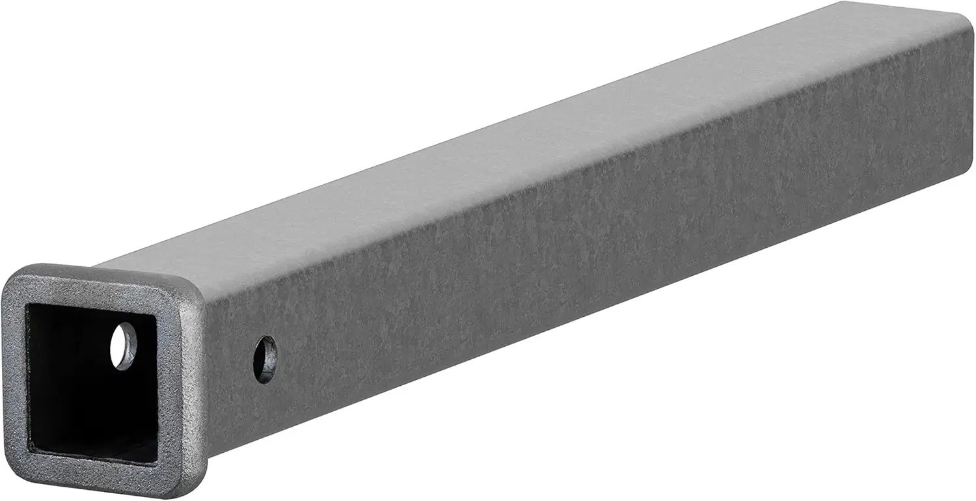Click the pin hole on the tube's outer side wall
pyautogui.click(x=265, y=359)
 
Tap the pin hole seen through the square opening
pyautogui.click(x=123, y=347)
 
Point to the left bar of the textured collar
pyautogui.click(x=14, y=371)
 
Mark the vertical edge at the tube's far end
pyautogui.click(x=972, y=91)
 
